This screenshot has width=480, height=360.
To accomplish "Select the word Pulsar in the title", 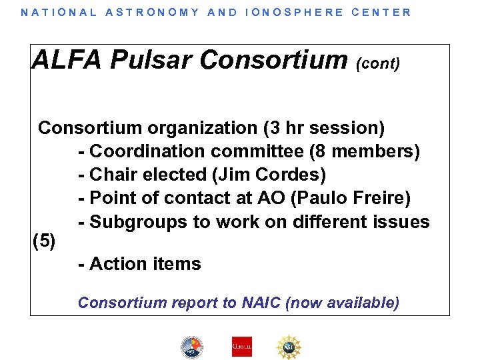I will (x=151, y=60).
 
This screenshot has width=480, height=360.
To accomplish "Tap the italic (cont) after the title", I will (x=378, y=64).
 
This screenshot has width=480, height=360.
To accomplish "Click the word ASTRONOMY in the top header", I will (x=152, y=12).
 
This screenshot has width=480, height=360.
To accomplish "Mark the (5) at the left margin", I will (x=44, y=241).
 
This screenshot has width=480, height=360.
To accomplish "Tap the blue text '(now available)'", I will (x=342, y=303).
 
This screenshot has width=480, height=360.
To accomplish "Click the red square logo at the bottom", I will (x=241, y=346).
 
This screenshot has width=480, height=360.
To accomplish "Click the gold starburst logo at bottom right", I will (x=289, y=346).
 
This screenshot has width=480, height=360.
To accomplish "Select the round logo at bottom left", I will (x=192, y=347).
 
